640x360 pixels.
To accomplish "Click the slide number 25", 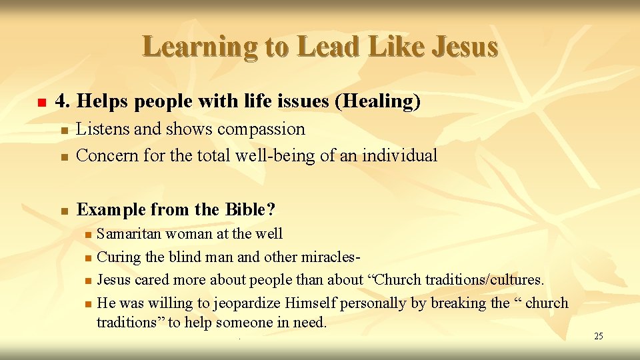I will pos(598,336).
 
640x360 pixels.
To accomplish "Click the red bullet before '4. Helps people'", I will pos(41,103).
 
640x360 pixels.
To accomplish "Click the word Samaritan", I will pos(129,234).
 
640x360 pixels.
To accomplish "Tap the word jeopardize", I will pos(247,303).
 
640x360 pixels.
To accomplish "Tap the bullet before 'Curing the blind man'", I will pos(88,258).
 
